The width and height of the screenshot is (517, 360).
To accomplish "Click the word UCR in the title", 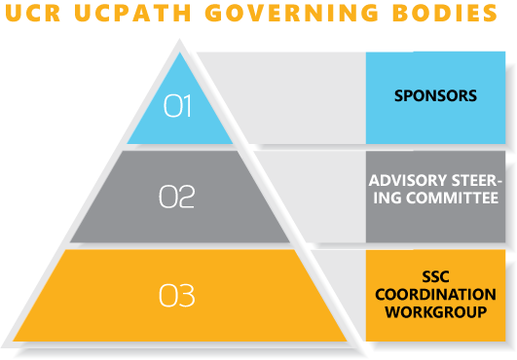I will tap(30, 15).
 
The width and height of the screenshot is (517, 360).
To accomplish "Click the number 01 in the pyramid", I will tap(178, 106).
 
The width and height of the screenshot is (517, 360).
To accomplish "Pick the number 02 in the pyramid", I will tap(177, 197).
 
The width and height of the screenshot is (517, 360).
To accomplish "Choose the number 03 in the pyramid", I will tap(177, 295).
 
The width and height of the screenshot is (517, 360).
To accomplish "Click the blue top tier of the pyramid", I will tap(178, 122).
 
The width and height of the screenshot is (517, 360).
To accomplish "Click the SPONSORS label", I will tap(435, 96).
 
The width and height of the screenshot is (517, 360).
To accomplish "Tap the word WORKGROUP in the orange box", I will tap(434, 312).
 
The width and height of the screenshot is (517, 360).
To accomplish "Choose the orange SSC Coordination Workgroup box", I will tap(434, 331).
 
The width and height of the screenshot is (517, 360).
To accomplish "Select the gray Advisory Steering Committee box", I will tap(435, 224).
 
